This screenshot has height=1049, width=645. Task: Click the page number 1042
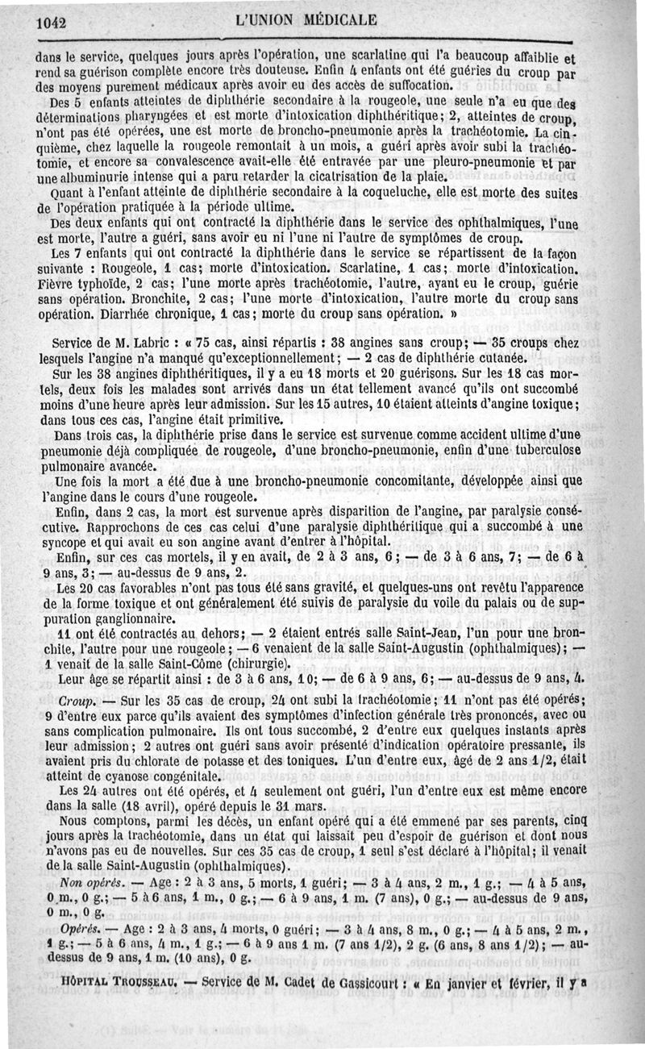51,23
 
